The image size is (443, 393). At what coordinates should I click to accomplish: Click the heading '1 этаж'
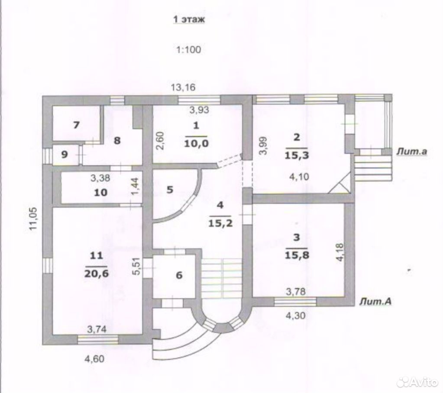click(189, 20)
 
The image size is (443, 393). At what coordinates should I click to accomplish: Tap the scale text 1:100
click(188, 50)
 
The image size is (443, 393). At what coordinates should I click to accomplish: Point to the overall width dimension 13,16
click(183, 87)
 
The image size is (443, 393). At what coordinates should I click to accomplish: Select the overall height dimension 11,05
click(33, 219)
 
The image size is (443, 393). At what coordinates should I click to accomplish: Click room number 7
click(76, 125)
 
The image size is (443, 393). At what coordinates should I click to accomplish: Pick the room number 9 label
click(65, 155)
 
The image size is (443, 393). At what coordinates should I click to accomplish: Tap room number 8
click(117, 140)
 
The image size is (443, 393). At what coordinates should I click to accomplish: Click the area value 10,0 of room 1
click(196, 144)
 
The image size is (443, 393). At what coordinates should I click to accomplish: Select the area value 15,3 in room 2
click(296, 155)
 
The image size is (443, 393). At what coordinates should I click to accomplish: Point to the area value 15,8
click(297, 255)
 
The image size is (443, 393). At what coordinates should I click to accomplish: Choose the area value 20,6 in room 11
click(96, 274)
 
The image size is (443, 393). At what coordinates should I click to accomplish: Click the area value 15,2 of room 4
click(220, 224)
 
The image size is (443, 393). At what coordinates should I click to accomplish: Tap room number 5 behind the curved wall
click(169, 190)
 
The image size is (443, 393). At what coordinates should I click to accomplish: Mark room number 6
click(179, 275)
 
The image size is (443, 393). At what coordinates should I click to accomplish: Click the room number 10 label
click(101, 193)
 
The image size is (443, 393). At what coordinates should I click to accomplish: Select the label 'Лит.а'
click(412, 151)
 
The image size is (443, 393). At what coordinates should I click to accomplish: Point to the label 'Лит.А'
click(375, 302)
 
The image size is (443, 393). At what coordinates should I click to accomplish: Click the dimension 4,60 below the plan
click(95, 359)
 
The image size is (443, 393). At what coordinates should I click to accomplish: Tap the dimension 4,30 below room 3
click(296, 316)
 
